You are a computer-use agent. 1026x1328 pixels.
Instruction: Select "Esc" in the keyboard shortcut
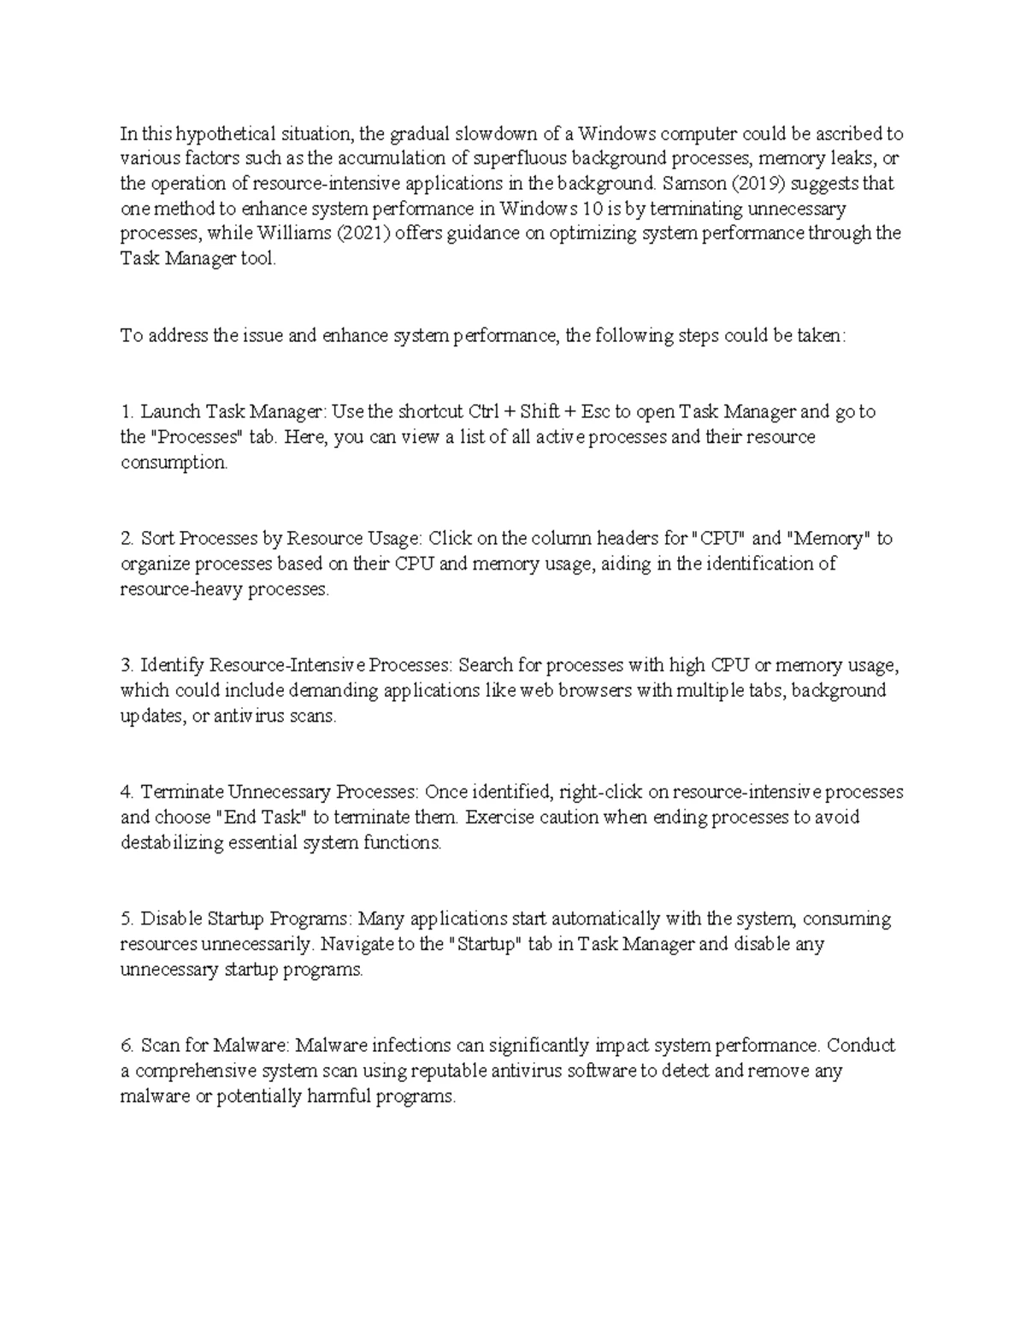[x=596, y=411]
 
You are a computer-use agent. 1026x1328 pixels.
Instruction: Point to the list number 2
[x=127, y=539]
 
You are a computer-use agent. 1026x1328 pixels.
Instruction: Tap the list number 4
[x=127, y=792]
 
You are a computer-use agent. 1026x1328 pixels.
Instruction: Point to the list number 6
[x=127, y=1046]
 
